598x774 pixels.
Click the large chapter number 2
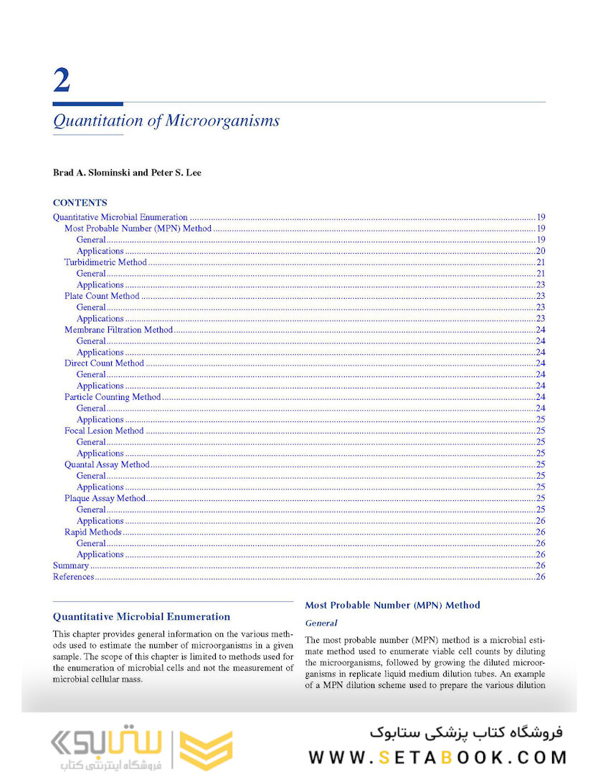(62, 80)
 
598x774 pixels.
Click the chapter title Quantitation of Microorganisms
(166, 120)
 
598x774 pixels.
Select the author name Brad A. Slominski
(93, 173)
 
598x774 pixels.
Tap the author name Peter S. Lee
(176, 173)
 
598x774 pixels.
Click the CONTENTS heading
(80, 203)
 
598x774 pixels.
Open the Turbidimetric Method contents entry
(105, 262)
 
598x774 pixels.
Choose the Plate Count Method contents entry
(102, 296)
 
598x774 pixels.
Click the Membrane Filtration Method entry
(118, 330)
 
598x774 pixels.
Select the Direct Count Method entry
(104, 363)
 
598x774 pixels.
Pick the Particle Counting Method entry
(113, 397)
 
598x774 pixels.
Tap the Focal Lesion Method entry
(104, 431)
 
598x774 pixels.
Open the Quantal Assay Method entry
(107, 464)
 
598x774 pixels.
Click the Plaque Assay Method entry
(105, 498)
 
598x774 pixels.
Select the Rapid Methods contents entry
(93, 532)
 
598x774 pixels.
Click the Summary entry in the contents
(71, 565)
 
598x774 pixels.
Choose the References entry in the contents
(74, 577)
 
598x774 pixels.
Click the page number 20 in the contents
(541, 251)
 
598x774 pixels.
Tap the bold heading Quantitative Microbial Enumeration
(142, 616)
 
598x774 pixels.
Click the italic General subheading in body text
(321, 623)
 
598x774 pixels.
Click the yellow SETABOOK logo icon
(206, 751)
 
